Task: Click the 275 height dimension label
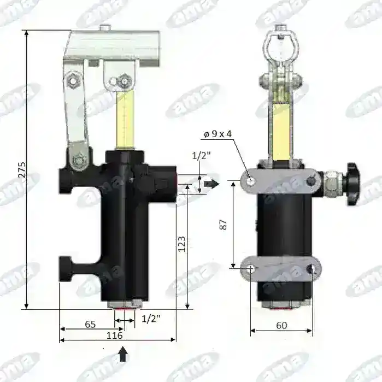pyautogui.click(x=22, y=169)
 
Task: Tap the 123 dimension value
pyautogui.click(x=182, y=244)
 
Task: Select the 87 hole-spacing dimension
pyautogui.click(x=223, y=225)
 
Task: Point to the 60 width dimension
pyautogui.click(x=281, y=325)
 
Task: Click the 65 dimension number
pyautogui.click(x=90, y=324)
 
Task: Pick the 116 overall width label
pyautogui.click(x=115, y=336)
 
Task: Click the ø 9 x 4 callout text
pyautogui.click(x=218, y=134)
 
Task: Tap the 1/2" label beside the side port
pyautogui.click(x=201, y=155)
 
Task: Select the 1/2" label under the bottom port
pyautogui.click(x=151, y=319)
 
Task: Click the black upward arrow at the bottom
pyautogui.click(x=124, y=354)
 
